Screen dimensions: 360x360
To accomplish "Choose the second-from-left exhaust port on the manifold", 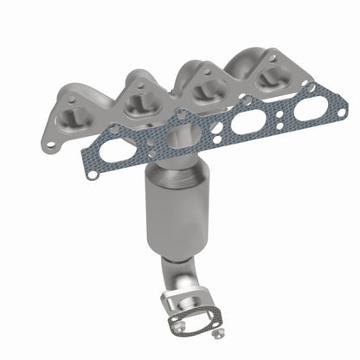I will pyautogui.click(x=138, y=102).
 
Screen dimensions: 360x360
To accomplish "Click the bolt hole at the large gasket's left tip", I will pyautogui.click(x=90, y=176).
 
